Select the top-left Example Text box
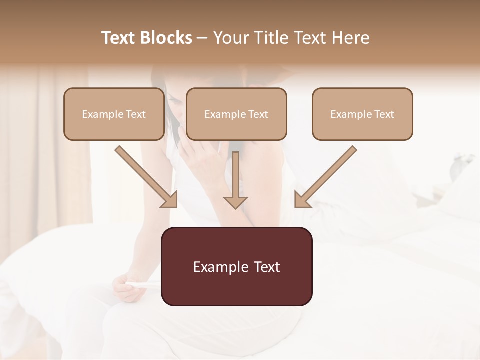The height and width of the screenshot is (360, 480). [x=114, y=114]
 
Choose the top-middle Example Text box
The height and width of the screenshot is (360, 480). [x=236, y=114]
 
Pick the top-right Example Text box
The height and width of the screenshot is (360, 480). [x=362, y=114]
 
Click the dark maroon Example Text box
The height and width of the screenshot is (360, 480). [x=236, y=266]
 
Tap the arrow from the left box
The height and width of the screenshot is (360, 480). [x=145, y=176]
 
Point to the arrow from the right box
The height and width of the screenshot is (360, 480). [x=327, y=176]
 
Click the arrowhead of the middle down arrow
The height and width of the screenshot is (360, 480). [x=235, y=202]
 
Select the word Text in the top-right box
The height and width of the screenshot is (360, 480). [x=384, y=114]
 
